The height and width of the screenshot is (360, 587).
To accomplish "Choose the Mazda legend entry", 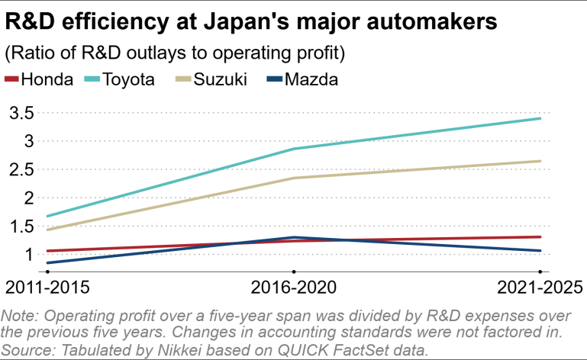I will (310, 79).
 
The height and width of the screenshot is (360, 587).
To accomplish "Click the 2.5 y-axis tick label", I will (20, 169).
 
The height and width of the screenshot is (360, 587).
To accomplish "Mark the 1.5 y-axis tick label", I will (20, 226).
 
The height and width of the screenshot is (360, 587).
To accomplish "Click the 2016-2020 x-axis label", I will (294, 288).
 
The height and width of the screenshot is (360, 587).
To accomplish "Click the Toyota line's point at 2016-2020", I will (294, 149).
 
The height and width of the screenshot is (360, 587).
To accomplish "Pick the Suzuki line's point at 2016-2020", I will (294, 178).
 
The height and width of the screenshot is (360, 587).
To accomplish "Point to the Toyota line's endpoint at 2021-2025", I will (540, 118).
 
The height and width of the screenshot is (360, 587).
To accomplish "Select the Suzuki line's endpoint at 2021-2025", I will (540, 161).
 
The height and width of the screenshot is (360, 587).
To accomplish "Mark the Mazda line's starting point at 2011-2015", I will (47, 263).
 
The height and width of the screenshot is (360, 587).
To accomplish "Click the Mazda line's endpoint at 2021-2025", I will (540, 250).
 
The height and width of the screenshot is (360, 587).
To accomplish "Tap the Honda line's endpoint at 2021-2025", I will (540, 236).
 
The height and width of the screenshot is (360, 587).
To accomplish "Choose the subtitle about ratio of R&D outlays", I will (175, 53).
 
